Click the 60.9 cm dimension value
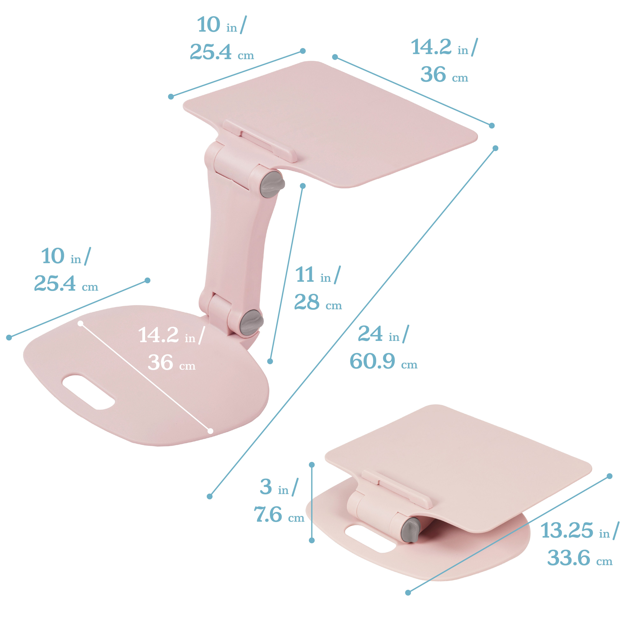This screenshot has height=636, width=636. pos(372,361)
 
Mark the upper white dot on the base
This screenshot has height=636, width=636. pos(80,324)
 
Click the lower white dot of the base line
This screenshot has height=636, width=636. pos(210,431)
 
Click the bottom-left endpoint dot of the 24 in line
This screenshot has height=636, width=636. pos(210,496)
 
